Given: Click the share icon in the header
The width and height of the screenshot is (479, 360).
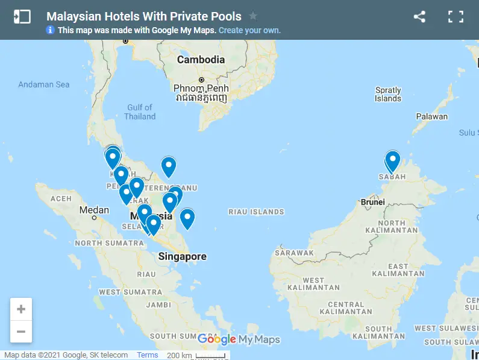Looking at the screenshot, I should pos(419,17).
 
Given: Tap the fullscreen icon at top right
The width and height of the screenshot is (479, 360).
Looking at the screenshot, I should pos(456,17).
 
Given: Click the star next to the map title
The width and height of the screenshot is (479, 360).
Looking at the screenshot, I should pos(253,16).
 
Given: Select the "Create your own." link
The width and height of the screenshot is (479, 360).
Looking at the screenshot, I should pos(249,30).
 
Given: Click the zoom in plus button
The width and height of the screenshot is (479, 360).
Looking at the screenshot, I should pos(21,309).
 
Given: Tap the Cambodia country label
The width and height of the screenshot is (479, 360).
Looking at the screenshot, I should pos(201,60).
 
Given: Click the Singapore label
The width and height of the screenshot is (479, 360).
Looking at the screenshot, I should pos(182,256).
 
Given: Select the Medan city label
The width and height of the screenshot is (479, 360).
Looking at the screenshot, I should pos(95,210).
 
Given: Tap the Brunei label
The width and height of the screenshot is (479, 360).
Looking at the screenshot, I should pos(372,202).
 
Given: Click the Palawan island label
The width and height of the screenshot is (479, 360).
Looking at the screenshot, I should pos(432,116).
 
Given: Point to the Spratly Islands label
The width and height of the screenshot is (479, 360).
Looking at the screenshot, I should pos(387,94).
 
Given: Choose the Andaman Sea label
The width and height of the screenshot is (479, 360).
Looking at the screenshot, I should pos(44,84).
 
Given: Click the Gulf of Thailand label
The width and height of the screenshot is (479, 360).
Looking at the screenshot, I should pos(140,112).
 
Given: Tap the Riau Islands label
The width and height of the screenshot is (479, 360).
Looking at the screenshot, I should pos(256,212).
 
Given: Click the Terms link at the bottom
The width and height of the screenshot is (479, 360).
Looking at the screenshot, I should pos(147,355).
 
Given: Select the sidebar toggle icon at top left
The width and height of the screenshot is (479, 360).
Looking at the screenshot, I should pos(22,17).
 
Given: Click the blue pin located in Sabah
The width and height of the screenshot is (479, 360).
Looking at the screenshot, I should pos(393,161).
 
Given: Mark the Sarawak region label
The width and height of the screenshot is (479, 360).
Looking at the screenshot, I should pos(294,253).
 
